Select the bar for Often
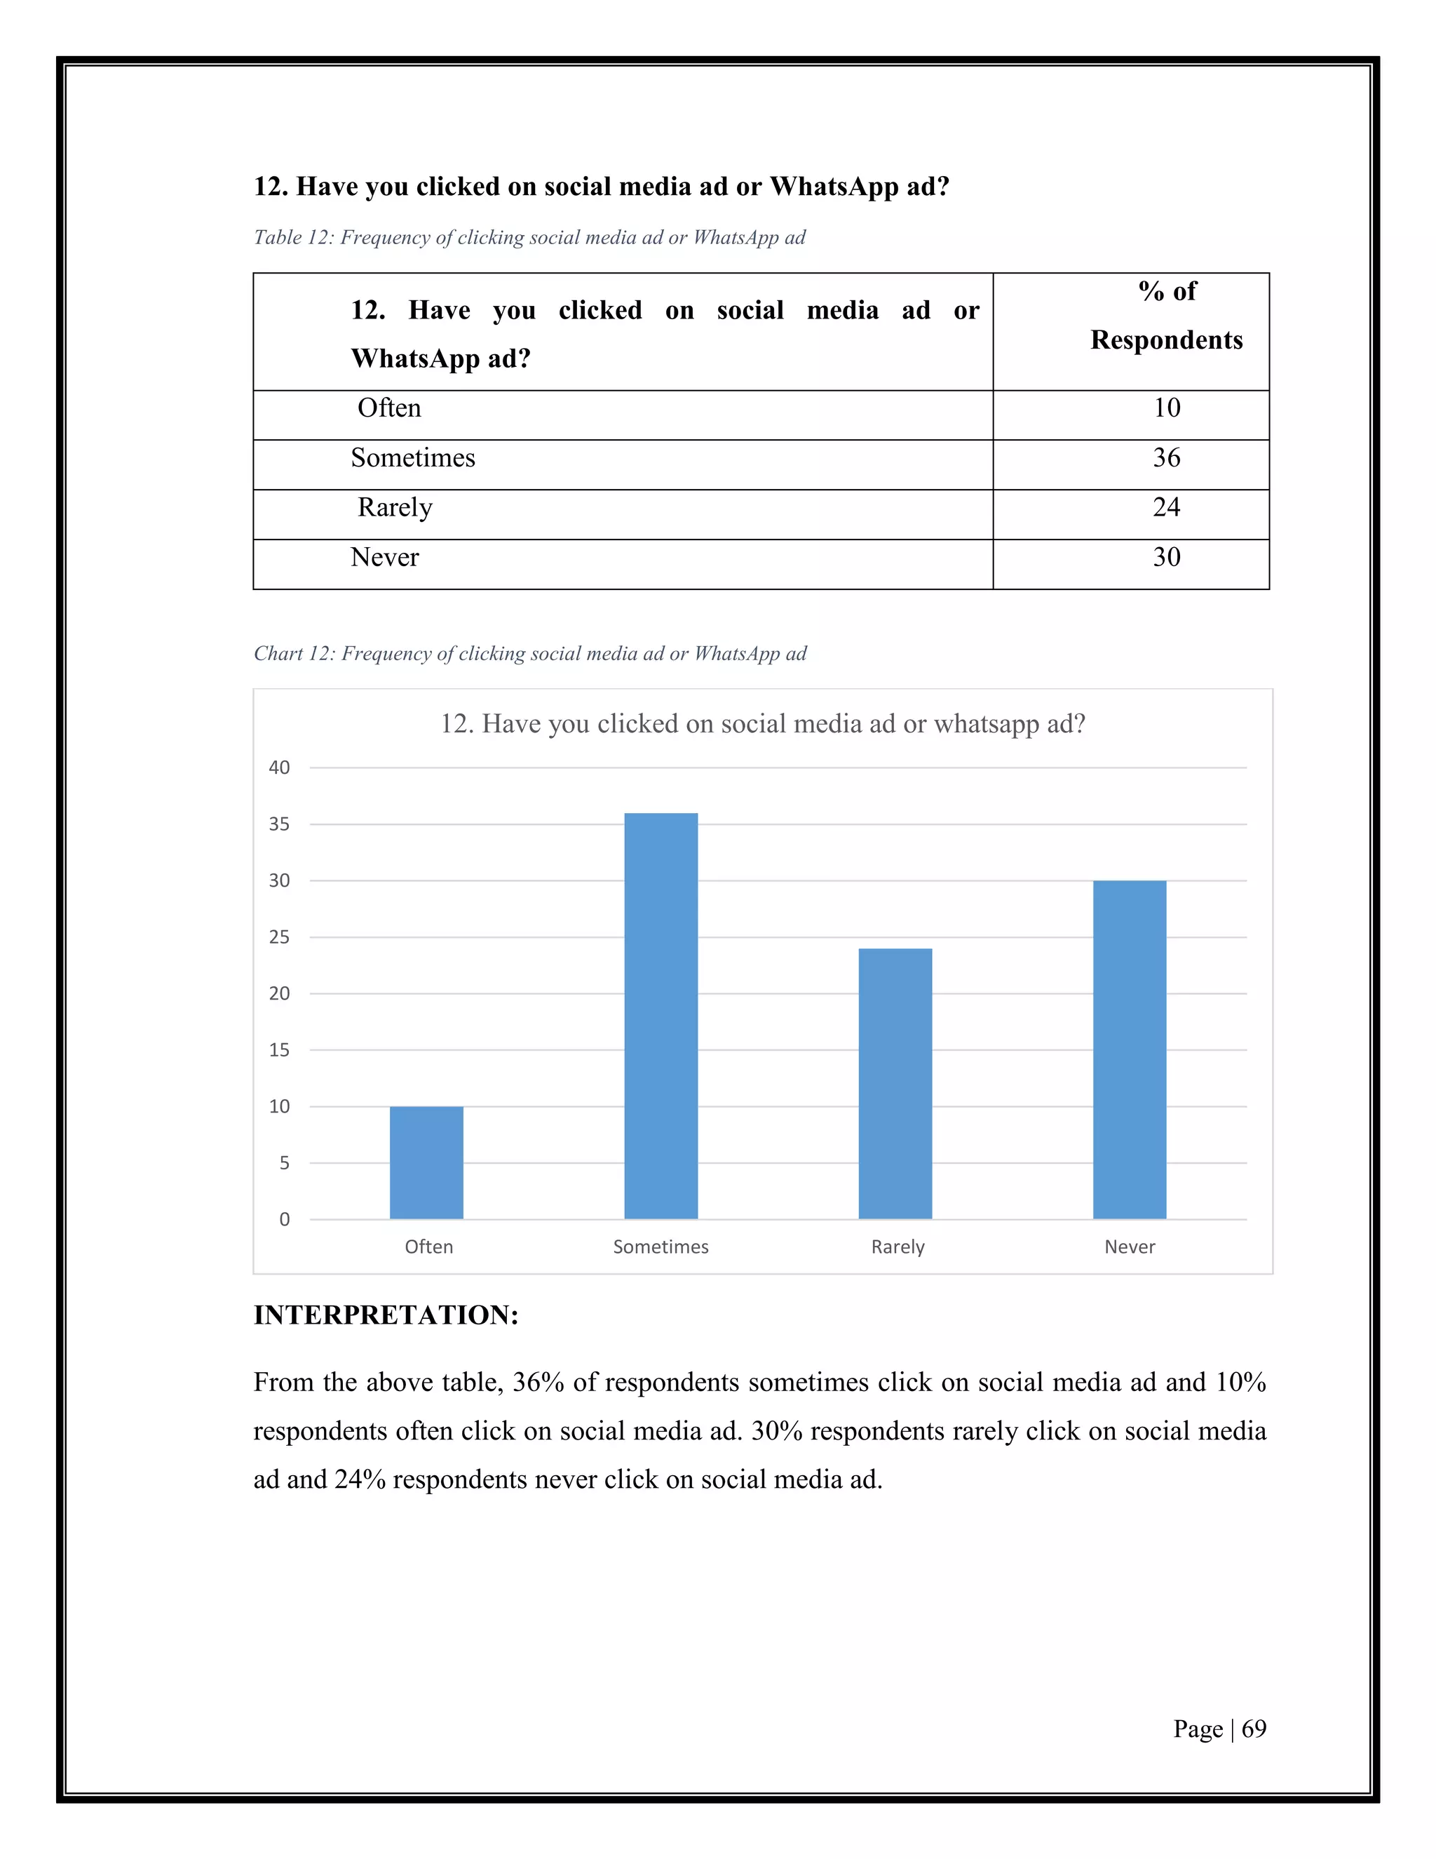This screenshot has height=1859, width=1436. (x=426, y=1162)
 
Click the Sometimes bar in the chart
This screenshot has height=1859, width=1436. (x=661, y=1016)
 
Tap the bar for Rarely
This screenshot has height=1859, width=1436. (x=895, y=1084)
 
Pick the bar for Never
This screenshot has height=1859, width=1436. (x=1129, y=1049)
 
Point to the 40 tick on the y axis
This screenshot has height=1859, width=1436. (x=279, y=767)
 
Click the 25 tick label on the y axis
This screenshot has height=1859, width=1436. (x=279, y=937)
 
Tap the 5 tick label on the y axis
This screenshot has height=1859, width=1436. (x=284, y=1162)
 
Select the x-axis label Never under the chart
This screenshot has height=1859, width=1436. (x=1129, y=1247)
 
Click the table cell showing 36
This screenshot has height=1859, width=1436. (x=1165, y=458)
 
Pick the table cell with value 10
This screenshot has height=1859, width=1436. (x=1165, y=408)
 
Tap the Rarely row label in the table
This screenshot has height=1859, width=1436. (x=395, y=508)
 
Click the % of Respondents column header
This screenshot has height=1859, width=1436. (x=1165, y=316)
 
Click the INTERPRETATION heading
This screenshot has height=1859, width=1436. (x=386, y=1315)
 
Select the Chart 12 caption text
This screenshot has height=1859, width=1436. (x=529, y=654)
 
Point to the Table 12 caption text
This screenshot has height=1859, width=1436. (x=529, y=238)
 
